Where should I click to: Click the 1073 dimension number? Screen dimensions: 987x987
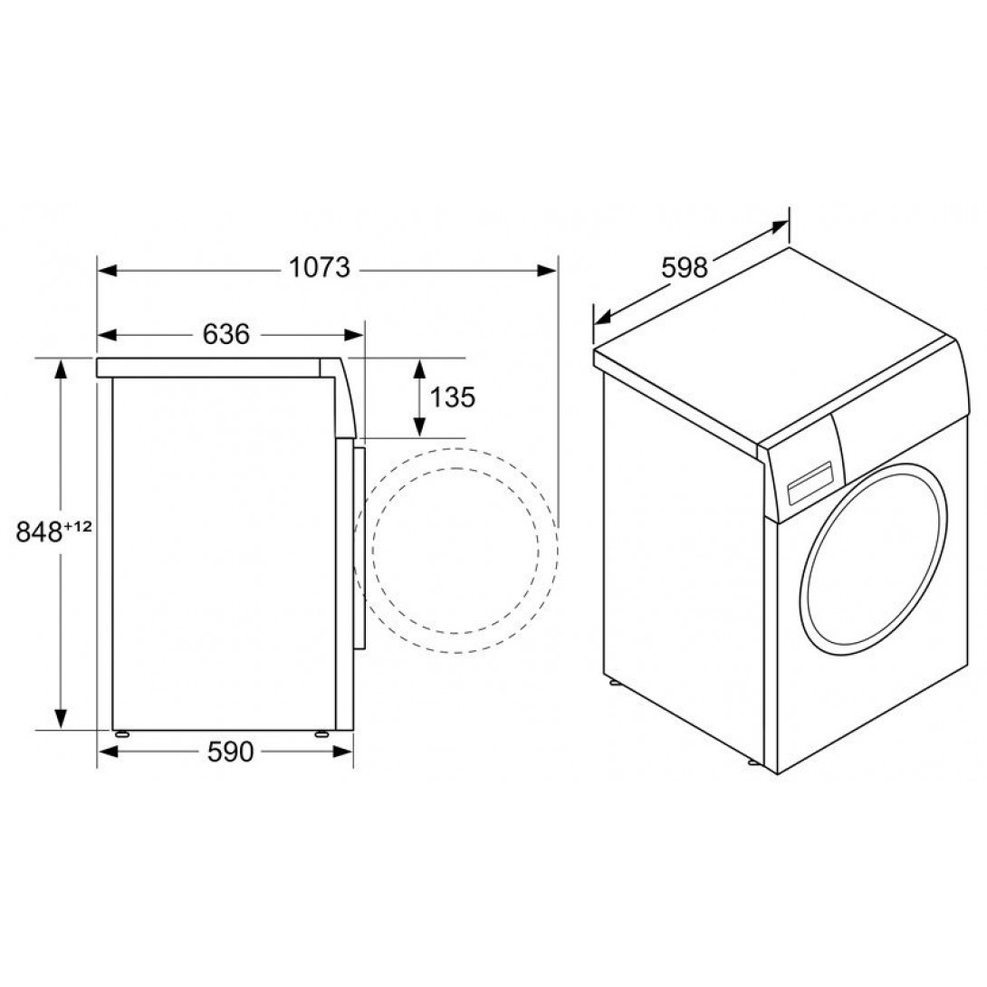(x=319, y=267)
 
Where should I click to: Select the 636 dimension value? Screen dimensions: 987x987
(x=226, y=334)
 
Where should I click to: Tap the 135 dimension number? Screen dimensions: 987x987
(x=452, y=398)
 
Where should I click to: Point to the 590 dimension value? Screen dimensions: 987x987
(x=230, y=752)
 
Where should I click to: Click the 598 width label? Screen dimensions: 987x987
(x=685, y=267)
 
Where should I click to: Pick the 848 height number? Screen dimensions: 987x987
(x=39, y=532)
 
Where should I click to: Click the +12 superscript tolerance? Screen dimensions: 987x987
(x=78, y=526)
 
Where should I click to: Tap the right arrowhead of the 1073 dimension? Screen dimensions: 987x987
(x=546, y=271)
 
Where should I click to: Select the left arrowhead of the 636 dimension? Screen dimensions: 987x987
(x=108, y=335)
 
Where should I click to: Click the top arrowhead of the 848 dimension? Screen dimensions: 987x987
(x=61, y=369)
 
